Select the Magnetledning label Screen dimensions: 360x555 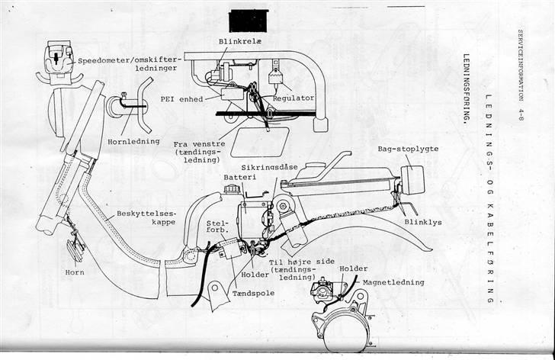click(393, 283)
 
